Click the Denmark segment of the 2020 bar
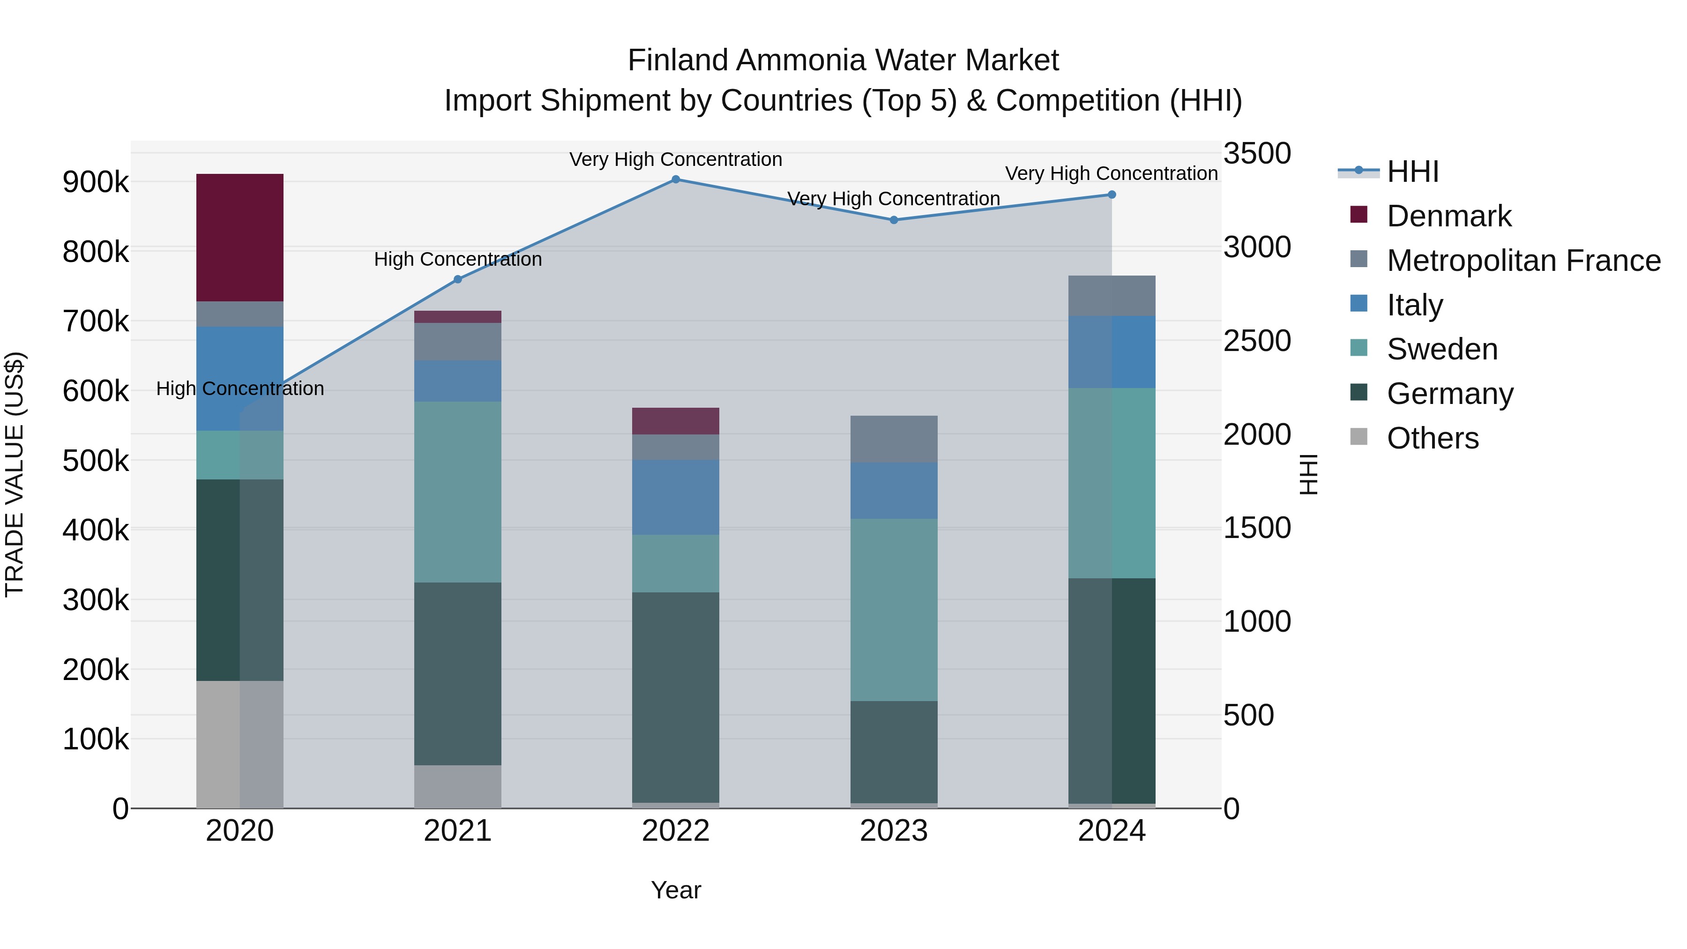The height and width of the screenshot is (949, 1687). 239,237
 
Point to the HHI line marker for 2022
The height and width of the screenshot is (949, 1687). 676,179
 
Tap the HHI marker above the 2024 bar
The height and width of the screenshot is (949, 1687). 1112,194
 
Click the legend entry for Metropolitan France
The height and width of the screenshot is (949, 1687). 1523,260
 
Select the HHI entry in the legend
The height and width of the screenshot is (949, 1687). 1412,171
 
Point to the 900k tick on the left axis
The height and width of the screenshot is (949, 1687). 96,182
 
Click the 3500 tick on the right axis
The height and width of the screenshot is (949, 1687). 1257,154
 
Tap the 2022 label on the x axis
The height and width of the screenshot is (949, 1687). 675,830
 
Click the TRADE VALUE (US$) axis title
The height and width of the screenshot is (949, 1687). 15,474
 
